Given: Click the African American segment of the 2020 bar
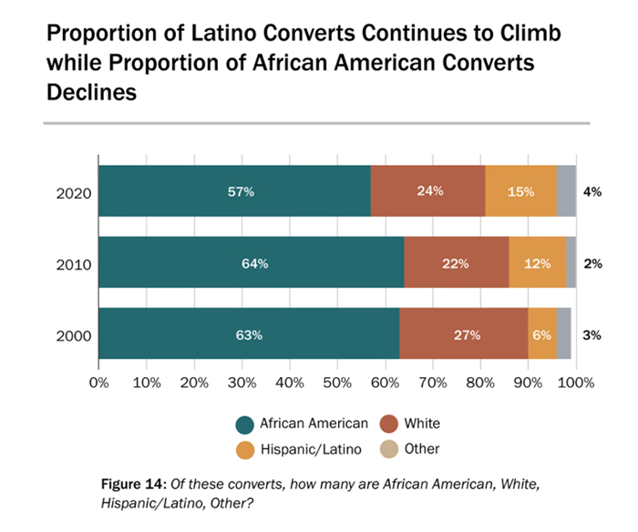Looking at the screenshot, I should [x=234, y=191].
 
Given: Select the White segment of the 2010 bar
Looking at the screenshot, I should [x=456, y=263].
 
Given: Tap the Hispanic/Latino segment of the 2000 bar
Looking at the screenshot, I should [x=541, y=334].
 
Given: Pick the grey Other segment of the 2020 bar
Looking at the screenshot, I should [x=566, y=191].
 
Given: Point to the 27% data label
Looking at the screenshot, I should [x=462, y=334].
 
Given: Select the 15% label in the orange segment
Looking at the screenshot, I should [x=520, y=191].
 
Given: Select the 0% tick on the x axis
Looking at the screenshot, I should [x=98, y=382].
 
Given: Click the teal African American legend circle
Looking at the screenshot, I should [x=243, y=423].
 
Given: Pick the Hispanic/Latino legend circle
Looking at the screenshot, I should [x=243, y=449].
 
